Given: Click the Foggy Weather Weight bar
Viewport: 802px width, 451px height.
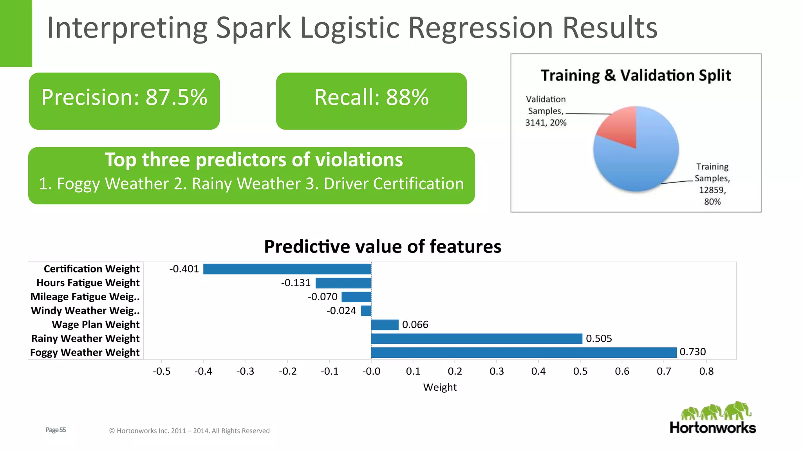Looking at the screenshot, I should coord(524,352).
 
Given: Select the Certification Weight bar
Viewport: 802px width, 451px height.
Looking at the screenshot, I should coord(287,269).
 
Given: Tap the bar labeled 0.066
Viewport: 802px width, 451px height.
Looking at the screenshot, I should coord(385,325).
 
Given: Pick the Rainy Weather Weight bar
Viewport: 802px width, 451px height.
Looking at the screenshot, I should coord(477,339).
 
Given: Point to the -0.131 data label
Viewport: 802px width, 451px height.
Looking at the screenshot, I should coord(296,283).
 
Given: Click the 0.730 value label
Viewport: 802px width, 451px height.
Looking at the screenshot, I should coord(692,352).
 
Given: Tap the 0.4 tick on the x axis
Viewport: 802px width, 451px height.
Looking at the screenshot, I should coord(538,371).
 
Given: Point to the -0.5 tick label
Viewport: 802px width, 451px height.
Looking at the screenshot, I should coord(161,371).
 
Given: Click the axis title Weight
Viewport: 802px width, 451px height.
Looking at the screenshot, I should coord(440,387).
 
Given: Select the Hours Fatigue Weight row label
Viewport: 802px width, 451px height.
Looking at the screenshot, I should coord(88,283).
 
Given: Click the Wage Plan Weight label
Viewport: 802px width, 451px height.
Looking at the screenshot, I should coord(96,325).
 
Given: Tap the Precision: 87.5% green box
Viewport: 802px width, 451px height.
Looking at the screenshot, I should coord(124,101).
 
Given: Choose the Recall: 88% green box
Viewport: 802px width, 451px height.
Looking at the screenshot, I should coord(371,101).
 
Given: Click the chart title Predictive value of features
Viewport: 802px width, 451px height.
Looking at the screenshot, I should coord(383,247).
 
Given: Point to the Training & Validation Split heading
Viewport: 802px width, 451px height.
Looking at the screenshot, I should coord(636,75).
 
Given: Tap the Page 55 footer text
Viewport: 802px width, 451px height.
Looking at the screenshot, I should coord(56,430).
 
